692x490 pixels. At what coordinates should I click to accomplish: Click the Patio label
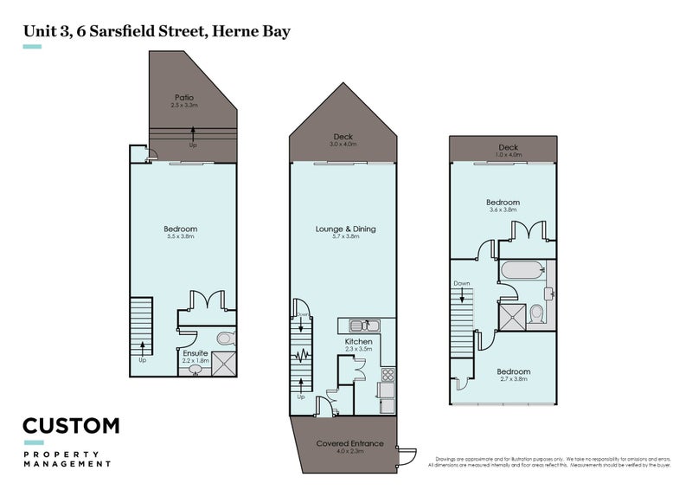[x=183, y=98]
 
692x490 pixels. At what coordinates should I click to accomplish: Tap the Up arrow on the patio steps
[x=192, y=133]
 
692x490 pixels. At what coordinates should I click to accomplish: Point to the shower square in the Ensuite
[x=224, y=364]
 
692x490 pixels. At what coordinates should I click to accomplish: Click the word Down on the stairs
[x=461, y=283]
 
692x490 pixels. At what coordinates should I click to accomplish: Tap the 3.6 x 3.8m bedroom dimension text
[x=503, y=210]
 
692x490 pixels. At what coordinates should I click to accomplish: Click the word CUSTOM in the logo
[x=70, y=426]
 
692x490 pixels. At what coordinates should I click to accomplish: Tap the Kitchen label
[x=358, y=342]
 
